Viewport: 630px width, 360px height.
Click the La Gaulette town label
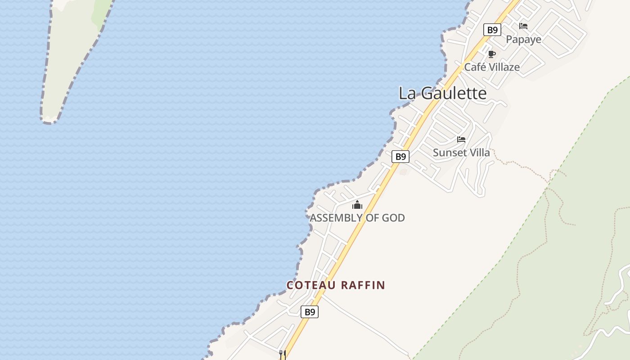click(x=442, y=93)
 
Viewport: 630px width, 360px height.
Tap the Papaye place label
click(x=523, y=40)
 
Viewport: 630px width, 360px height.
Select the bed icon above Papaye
click(x=523, y=26)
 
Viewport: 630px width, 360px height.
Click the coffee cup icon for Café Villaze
click(x=491, y=54)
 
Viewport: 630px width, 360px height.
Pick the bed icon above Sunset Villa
click(x=461, y=139)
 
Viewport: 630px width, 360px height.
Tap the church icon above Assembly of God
click(x=357, y=205)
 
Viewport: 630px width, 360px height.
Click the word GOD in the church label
click(x=393, y=218)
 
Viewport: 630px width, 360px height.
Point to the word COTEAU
click(x=312, y=285)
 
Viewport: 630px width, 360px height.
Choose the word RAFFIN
click(x=363, y=285)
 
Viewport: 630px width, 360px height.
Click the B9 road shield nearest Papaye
click(x=492, y=30)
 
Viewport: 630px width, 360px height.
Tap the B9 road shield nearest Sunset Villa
click(x=400, y=157)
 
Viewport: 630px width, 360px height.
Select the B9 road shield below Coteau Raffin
click(x=309, y=312)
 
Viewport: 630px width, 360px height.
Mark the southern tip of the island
click(x=49, y=121)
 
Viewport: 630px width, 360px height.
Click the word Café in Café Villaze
click(x=475, y=67)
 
